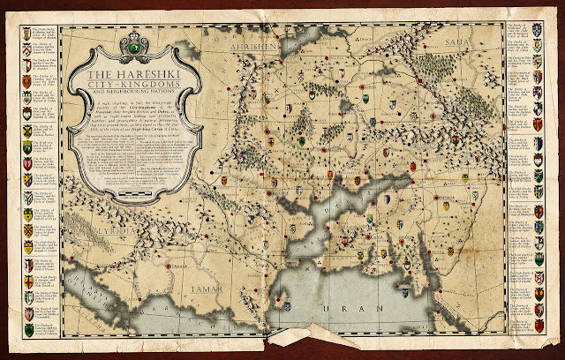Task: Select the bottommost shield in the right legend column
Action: pos(538,326)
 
